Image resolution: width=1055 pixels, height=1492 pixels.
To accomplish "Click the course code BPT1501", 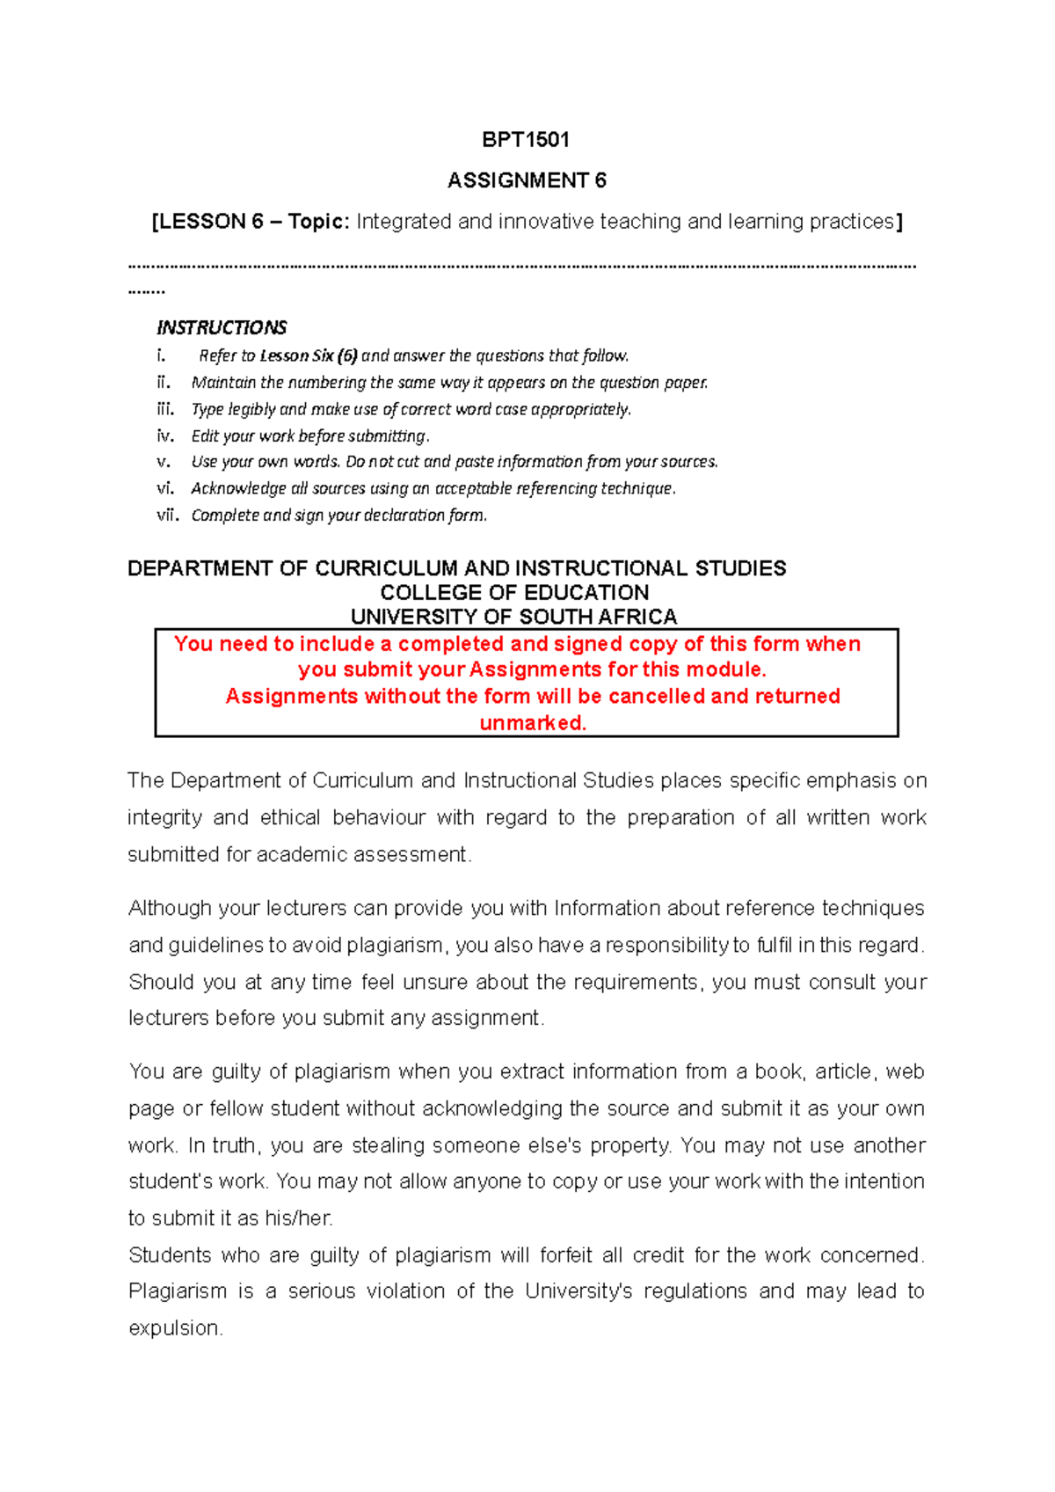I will [526, 140].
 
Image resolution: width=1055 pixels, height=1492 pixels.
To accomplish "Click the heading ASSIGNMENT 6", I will [527, 181].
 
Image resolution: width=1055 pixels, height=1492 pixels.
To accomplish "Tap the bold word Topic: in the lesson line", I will [319, 222].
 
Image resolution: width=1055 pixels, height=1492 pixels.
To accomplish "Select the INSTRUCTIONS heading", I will [222, 328].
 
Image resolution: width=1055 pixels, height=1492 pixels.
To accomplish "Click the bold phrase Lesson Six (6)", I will [309, 356].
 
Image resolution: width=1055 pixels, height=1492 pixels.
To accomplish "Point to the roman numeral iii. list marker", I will [165, 409].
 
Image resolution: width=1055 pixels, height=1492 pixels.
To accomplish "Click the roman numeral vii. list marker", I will [167, 516].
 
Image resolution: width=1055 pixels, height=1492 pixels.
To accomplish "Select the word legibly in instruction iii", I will [251, 410].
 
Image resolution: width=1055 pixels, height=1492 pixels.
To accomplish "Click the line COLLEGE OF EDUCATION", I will [514, 593].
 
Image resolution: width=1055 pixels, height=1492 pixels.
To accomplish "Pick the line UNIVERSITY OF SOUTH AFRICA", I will [513, 617].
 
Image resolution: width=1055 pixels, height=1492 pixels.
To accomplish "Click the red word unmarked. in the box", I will [533, 723].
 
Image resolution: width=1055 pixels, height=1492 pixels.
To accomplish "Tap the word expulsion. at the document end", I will [176, 1328].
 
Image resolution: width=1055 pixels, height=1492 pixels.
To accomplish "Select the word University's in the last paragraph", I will [578, 1291].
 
